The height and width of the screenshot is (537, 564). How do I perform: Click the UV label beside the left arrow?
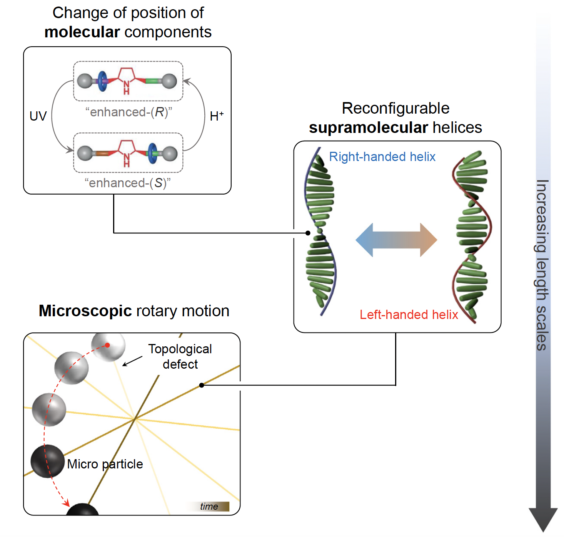(38, 116)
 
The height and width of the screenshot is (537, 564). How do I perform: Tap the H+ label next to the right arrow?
(217, 116)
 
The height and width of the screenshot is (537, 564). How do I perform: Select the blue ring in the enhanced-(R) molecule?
(102, 81)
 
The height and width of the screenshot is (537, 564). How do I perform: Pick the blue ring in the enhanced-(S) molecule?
(153, 153)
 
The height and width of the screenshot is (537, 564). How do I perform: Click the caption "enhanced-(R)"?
(128, 112)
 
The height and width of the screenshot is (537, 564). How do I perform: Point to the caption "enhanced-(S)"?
(127, 183)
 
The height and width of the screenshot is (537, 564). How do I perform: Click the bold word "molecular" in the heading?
(82, 32)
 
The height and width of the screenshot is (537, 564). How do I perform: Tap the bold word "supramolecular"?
(368, 128)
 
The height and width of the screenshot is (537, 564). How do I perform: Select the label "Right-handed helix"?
(382, 157)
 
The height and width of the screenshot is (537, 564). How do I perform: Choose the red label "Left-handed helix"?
(409, 315)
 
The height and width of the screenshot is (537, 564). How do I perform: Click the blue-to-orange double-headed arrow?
(396, 240)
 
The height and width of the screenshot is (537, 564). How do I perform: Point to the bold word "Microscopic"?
(85, 311)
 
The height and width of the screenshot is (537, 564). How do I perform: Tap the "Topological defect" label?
(180, 356)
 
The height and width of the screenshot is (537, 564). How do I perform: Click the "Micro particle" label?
(105, 464)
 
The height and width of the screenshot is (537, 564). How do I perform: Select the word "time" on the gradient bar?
(209, 506)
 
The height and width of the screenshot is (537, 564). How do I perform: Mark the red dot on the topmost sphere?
(108, 345)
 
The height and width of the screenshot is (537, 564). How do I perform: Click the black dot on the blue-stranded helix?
(308, 233)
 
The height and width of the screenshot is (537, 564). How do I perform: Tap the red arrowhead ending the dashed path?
(66, 503)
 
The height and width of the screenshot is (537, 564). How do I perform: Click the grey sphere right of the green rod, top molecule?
(169, 81)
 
